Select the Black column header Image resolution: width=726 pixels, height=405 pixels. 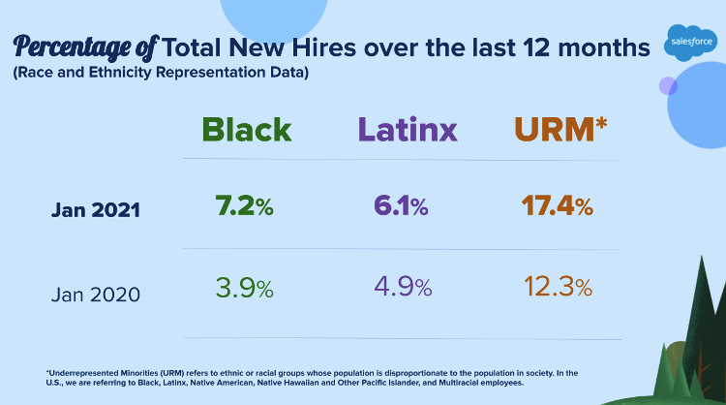pyautogui.click(x=247, y=130)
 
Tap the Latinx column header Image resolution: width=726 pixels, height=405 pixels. pyautogui.click(x=407, y=130)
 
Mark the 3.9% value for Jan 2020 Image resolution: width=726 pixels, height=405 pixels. pyautogui.click(x=243, y=288)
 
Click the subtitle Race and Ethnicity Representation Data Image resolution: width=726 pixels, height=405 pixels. pyautogui.click(x=161, y=74)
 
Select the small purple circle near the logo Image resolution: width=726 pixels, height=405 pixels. pyautogui.click(x=668, y=86)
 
